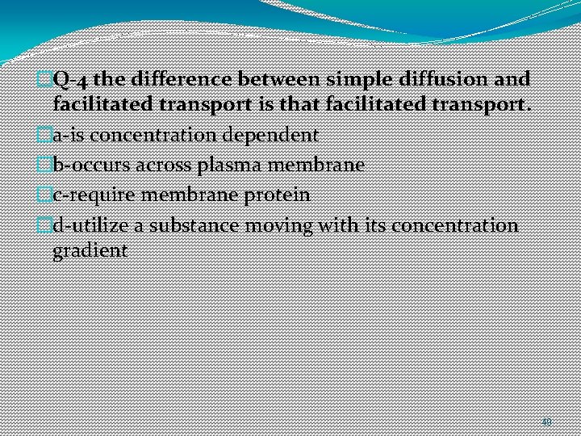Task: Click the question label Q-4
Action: (66, 79)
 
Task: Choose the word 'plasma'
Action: (219, 165)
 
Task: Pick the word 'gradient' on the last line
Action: (90, 250)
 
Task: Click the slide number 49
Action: (546, 421)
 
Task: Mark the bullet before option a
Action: (44, 135)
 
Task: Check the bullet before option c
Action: (44, 195)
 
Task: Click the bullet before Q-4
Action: (44, 79)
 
